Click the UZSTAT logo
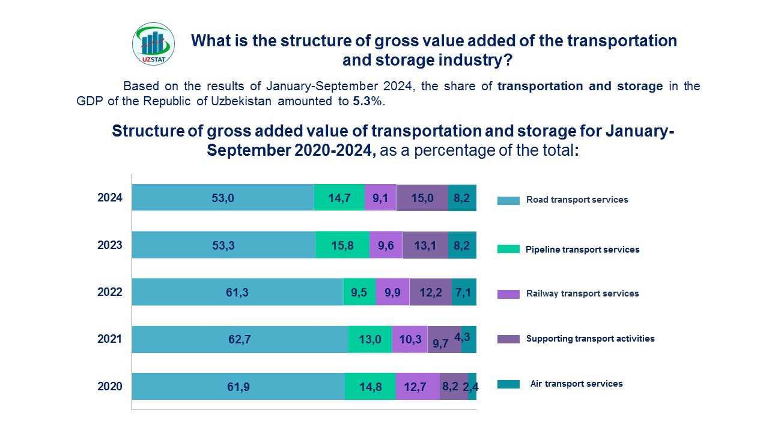(x=153, y=44)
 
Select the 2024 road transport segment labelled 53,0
(x=223, y=197)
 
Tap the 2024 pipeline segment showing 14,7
(x=339, y=197)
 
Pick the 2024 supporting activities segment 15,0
(x=422, y=197)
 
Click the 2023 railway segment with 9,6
(x=386, y=245)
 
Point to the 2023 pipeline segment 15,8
(x=342, y=245)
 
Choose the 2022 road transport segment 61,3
(x=237, y=292)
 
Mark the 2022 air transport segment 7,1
(x=464, y=292)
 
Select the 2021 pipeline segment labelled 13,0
(x=370, y=339)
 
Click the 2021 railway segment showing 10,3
(x=410, y=339)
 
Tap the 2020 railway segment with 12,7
(x=418, y=386)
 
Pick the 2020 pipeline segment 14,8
(x=370, y=386)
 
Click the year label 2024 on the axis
(x=110, y=197)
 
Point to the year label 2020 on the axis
(x=110, y=387)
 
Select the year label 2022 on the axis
(x=110, y=292)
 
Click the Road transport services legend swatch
(x=508, y=201)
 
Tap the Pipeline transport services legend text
(x=582, y=250)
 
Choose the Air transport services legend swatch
(x=508, y=384)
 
